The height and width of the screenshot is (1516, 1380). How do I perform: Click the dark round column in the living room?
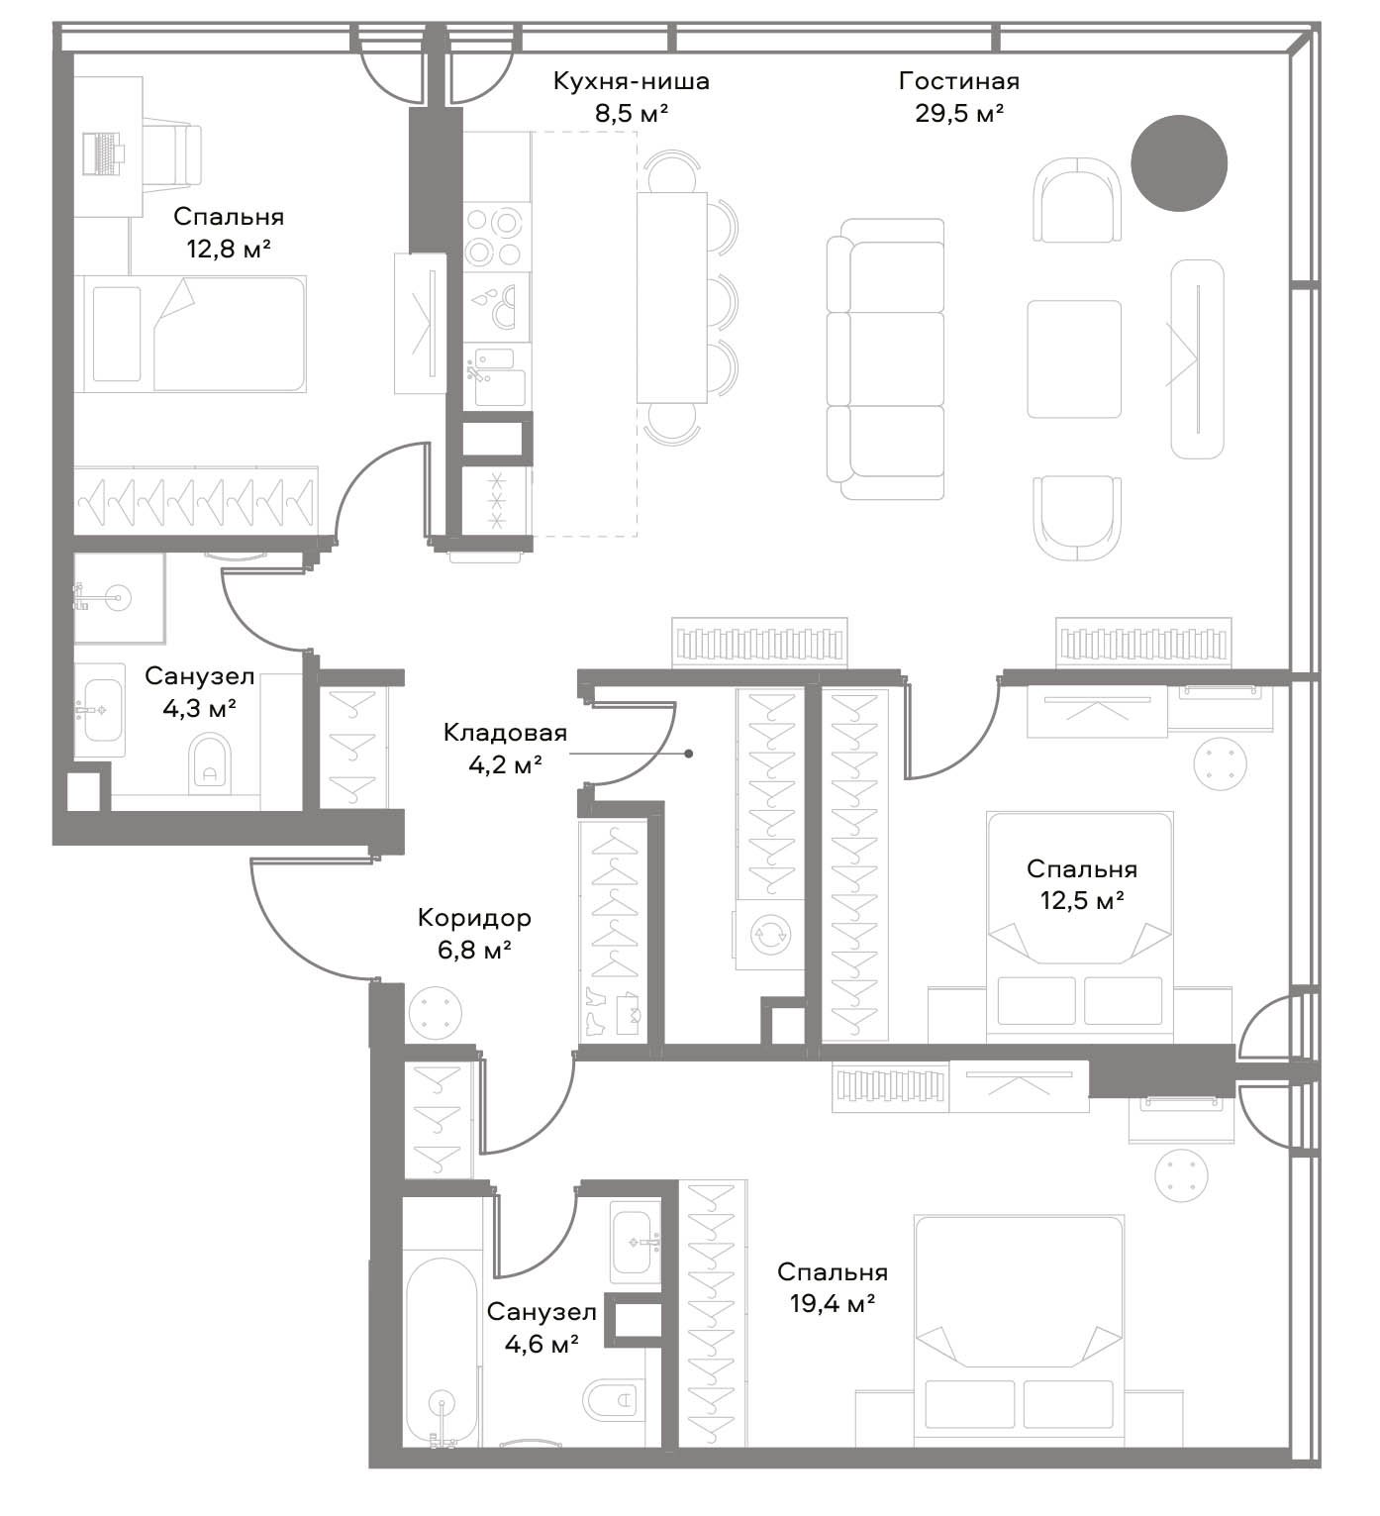[x=1178, y=163]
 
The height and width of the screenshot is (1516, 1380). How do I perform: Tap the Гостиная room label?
[x=959, y=81]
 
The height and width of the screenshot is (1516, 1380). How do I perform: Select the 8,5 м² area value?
[x=631, y=113]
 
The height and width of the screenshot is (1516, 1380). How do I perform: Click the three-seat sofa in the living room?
[x=885, y=359]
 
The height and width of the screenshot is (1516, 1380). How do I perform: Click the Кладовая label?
[x=505, y=733]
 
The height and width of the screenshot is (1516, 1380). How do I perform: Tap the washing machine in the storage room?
[x=769, y=935]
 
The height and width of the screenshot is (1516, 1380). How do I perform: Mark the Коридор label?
[x=474, y=918]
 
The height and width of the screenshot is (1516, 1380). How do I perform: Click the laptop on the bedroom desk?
[x=101, y=153]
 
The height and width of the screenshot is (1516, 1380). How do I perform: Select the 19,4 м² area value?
[x=833, y=1303]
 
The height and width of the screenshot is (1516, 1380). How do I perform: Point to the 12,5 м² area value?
[x=1081, y=900]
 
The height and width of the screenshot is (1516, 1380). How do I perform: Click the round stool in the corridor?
[x=436, y=1013]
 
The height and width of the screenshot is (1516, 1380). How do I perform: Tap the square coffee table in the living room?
[x=1074, y=359]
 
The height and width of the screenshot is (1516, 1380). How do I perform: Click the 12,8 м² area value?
[x=229, y=248]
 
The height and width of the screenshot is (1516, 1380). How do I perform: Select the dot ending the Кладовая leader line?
[x=688, y=754]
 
